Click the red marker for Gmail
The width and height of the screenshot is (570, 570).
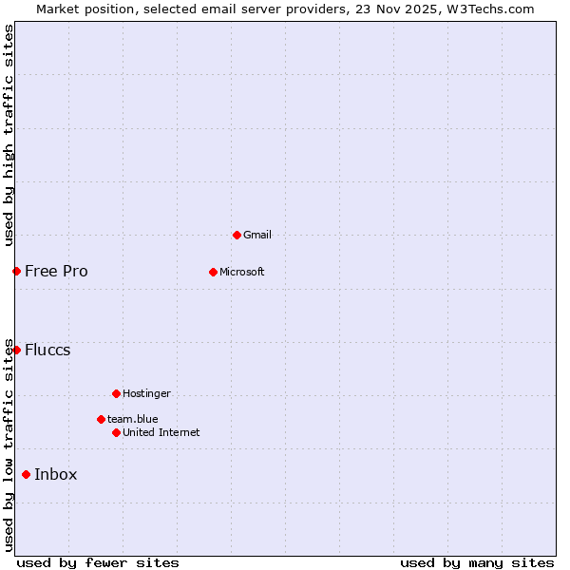[x=237, y=235]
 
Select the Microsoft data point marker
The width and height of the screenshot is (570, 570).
[x=213, y=272]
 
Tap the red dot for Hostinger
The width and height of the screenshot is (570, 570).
[x=116, y=393]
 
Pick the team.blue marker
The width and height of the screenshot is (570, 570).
[x=101, y=419]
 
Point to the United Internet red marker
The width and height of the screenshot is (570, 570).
[x=116, y=432]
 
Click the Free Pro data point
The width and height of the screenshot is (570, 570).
[x=16, y=272]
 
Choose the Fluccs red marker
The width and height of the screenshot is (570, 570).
[x=16, y=350]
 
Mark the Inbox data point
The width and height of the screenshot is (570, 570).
[x=26, y=475]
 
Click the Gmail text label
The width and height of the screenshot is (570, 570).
[x=257, y=235]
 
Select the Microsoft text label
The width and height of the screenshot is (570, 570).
[x=242, y=272]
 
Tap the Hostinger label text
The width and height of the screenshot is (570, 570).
[x=146, y=393]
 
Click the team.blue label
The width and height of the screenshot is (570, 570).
[x=133, y=419]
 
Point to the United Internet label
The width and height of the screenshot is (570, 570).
[x=161, y=432]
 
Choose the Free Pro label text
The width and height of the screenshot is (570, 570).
[x=56, y=272]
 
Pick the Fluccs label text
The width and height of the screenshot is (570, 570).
[x=47, y=350]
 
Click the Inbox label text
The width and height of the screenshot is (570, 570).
[x=56, y=475]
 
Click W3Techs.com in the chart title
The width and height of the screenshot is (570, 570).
[x=490, y=9]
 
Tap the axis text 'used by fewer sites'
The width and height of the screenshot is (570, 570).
[x=98, y=562]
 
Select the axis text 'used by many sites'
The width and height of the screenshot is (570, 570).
[x=477, y=562]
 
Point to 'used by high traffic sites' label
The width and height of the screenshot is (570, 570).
[x=9, y=136]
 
